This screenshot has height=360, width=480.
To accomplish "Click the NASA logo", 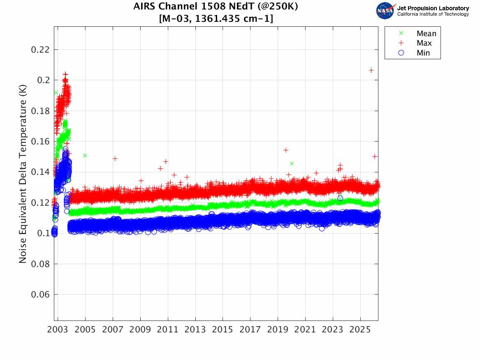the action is click(x=385, y=11).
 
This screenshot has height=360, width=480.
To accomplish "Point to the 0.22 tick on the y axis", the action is click(x=40, y=50).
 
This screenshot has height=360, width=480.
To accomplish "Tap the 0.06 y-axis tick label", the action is click(x=40, y=295).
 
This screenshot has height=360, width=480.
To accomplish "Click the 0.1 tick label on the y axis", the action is click(x=43, y=233).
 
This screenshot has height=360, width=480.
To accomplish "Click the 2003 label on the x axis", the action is click(x=58, y=330).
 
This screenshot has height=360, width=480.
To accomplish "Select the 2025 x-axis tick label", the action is click(x=360, y=330).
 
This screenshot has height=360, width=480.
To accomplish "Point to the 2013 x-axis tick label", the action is click(x=195, y=330).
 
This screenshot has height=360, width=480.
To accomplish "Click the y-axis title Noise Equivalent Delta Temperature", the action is click(x=23, y=174).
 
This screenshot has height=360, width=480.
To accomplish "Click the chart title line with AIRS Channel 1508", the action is click(x=216, y=6).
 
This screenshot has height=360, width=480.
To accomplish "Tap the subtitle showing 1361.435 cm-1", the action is click(x=216, y=19).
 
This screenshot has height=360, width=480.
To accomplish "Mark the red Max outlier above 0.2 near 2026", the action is click(x=371, y=70).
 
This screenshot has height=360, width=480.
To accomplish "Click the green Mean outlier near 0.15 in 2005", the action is click(x=85, y=156).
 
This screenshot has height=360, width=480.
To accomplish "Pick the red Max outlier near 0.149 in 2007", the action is click(x=115, y=158).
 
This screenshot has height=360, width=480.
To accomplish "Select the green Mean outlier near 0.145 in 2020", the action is click(x=292, y=164).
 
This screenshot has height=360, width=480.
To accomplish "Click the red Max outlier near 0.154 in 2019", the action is click(x=285, y=150).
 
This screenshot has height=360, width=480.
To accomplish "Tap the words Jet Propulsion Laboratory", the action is click(x=433, y=8).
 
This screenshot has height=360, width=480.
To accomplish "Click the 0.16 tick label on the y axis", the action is click(x=40, y=142).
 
